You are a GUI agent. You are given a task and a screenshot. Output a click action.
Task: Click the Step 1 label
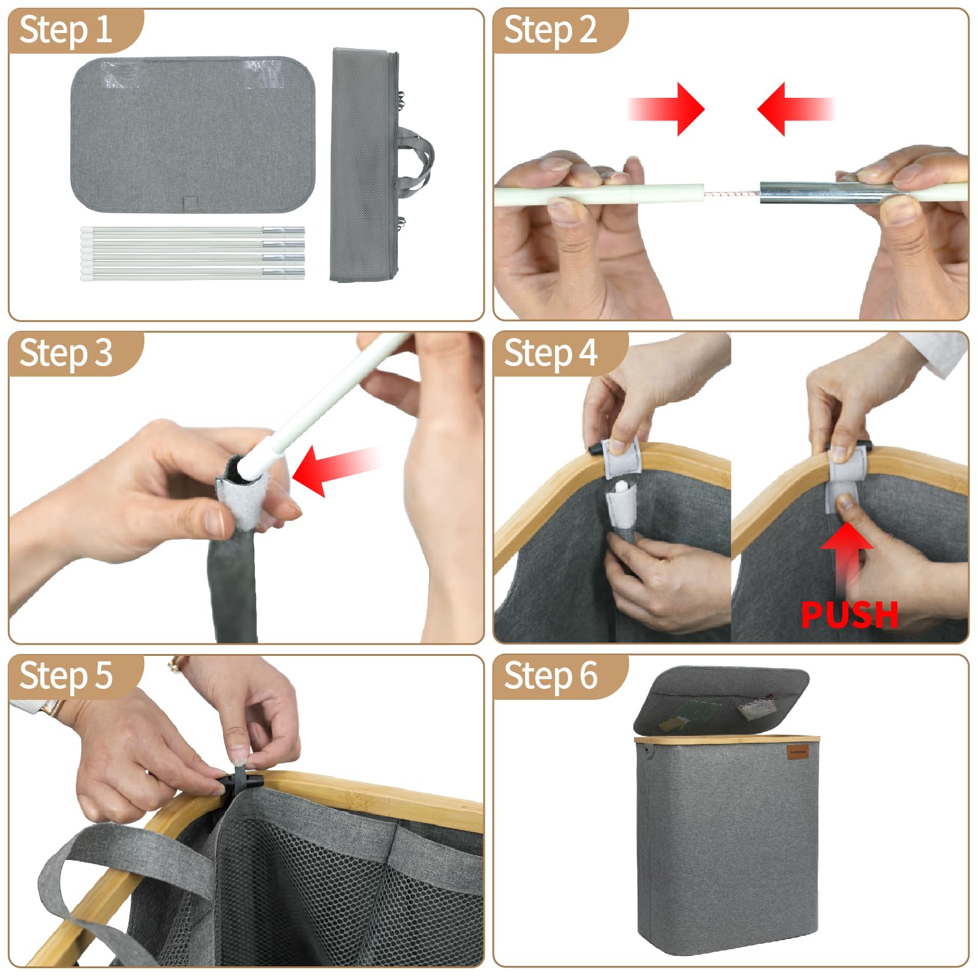point(65,30)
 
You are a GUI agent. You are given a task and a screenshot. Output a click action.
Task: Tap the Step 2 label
point(550,30)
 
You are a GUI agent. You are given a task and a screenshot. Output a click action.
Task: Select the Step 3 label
point(65,353)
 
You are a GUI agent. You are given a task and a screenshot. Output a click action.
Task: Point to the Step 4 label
point(550,353)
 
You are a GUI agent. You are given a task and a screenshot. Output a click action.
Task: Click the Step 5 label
point(65,676)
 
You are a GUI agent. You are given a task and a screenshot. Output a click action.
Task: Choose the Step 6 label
point(550,676)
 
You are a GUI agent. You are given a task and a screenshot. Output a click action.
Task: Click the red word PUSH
point(849,614)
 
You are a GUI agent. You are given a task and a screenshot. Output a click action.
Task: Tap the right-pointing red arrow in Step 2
point(666,109)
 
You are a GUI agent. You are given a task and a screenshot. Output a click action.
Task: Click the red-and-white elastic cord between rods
point(732,194)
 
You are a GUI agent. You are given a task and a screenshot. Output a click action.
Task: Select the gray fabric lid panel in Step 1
point(193,135)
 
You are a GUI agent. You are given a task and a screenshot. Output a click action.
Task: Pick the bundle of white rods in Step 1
point(193,253)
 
